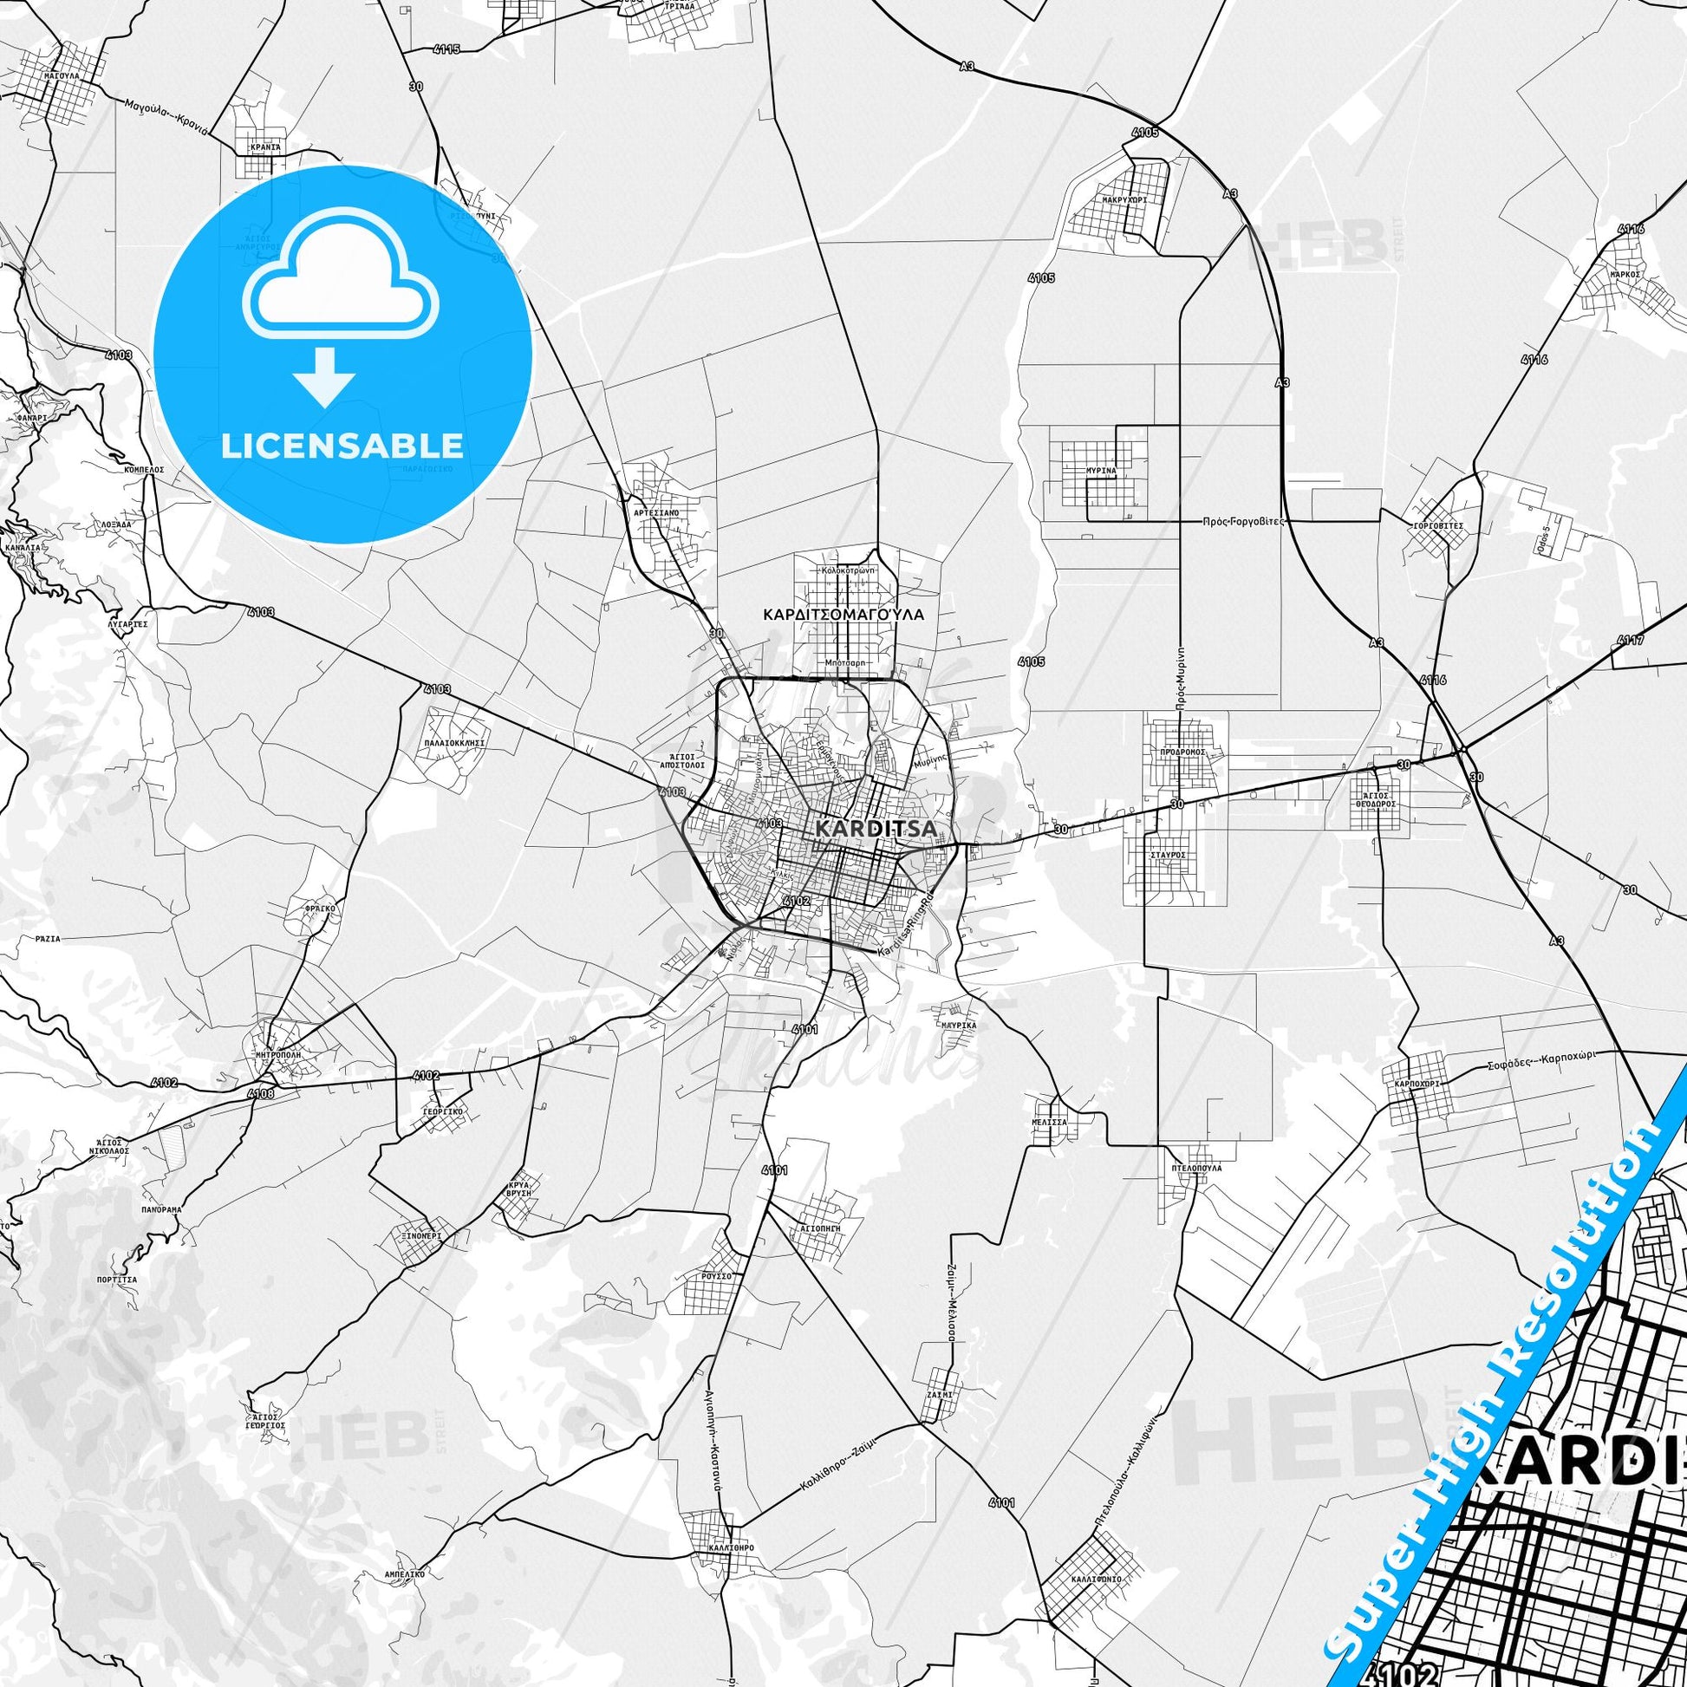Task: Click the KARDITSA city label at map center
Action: pos(875,827)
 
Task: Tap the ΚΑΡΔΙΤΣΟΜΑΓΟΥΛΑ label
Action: pos(843,614)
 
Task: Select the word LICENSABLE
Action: pos(342,446)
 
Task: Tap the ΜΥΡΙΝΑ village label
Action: pos(1101,471)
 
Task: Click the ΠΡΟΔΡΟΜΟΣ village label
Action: pos(1183,751)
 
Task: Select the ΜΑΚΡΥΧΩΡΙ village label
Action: pos(1124,199)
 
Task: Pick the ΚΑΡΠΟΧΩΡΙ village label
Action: pos(1417,1083)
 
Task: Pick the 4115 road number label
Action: pos(446,49)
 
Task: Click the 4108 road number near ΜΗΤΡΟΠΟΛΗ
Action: pos(260,1092)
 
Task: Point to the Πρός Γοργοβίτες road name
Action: pos(1243,520)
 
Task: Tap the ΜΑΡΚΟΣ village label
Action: pos(1625,273)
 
